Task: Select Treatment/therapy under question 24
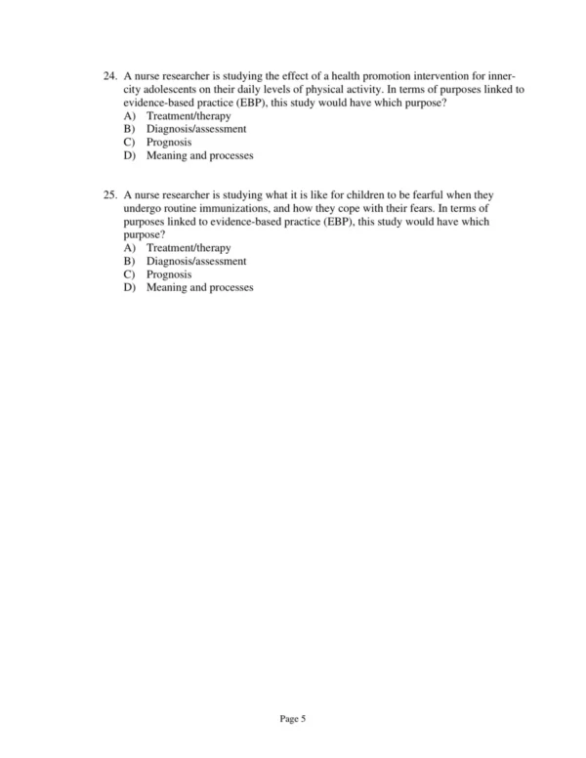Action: (x=188, y=116)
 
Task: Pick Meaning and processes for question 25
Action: (x=199, y=288)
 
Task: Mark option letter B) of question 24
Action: (x=130, y=129)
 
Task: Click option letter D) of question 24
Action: (x=130, y=155)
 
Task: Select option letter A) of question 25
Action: (x=130, y=249)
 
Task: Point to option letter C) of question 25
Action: (x=130, y=275)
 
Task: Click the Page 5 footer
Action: (x=293, y=719)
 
